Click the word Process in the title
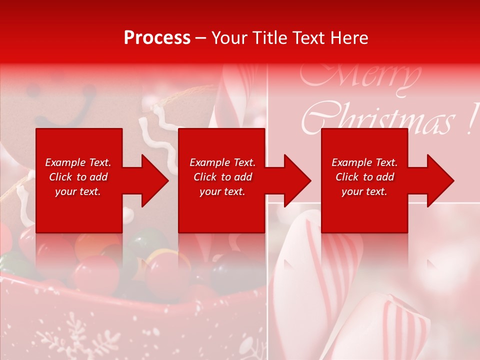click(x=157, y=38)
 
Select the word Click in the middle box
click(x=205, y=177)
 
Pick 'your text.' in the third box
click(x=364, y=191)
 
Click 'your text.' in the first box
click(x=78, y=191)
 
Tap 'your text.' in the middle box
click(x=222, y=191)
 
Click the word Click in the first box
click(x=60, y=177)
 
